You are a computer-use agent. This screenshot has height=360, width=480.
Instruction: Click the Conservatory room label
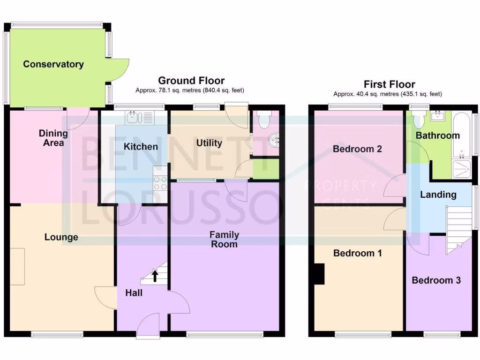pos(53,64)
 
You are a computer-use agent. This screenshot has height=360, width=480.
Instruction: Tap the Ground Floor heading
pos(191,81)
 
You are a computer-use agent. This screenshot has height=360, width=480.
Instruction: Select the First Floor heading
pos(389,84)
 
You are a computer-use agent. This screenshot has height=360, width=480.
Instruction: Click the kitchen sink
pos(133,117)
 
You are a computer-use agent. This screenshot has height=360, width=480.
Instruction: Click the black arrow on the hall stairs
pos(155,276)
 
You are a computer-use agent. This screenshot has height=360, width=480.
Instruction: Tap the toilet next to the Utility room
pos(264,121)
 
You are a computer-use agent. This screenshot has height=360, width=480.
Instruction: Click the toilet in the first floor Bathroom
pos(419,120)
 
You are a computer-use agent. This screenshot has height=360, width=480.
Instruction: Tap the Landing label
pos(438,195)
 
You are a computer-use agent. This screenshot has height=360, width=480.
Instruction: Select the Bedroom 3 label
pos(436,280)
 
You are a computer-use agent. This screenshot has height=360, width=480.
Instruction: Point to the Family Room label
pos(224,239)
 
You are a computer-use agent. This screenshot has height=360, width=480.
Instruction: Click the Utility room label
pos(209,143)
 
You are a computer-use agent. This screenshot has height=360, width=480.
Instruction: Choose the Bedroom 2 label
pos(357,149)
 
